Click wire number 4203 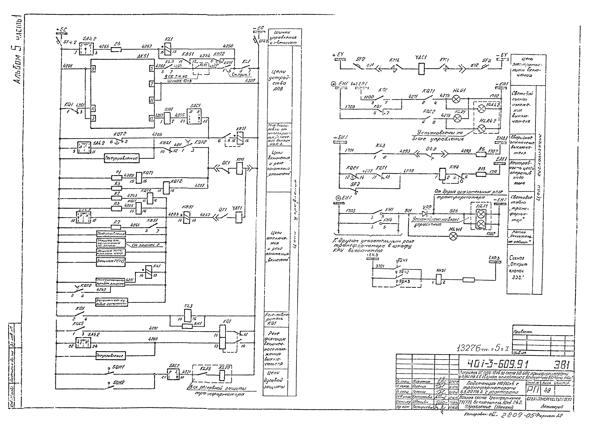point(157,134)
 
